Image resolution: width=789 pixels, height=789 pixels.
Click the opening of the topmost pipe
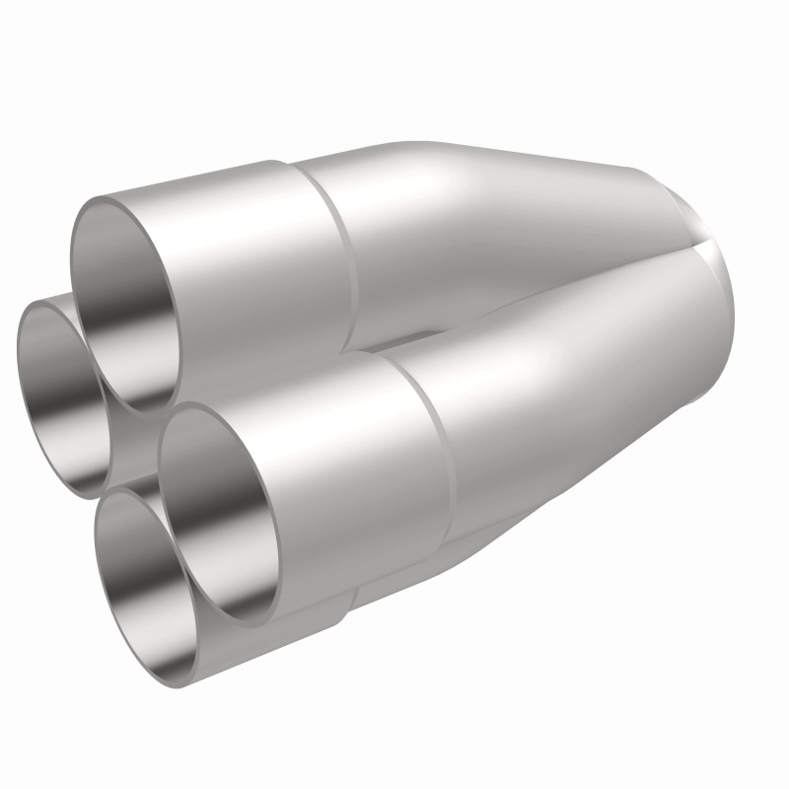click(123, 296)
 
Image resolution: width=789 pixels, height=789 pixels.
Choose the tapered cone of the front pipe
click(572, 394)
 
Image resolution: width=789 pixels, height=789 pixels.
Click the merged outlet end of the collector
click(710, 286)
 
